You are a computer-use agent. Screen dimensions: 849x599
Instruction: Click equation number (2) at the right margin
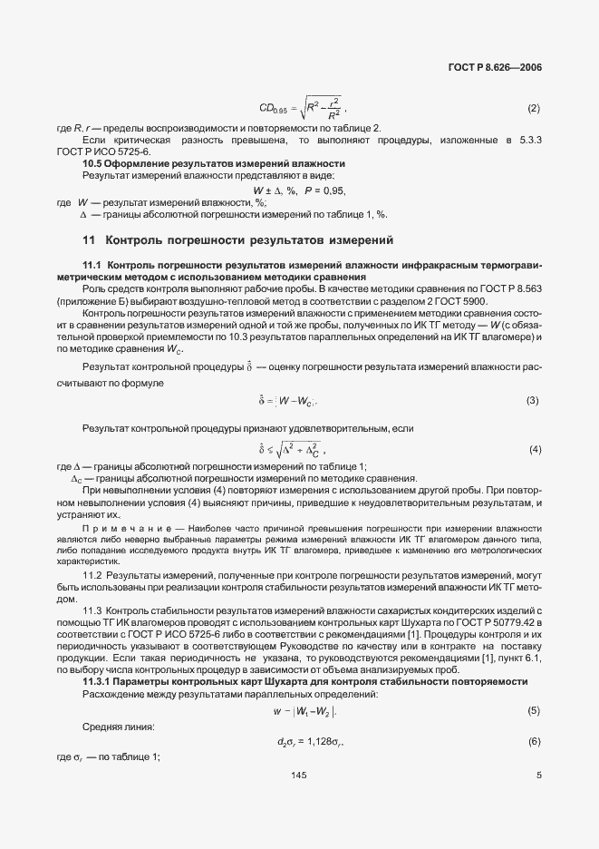click(x=533, y=110)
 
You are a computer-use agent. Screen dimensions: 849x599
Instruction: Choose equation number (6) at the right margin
click(x=533, y=742)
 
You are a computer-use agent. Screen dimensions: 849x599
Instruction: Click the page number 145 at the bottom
click(x=299, y=776)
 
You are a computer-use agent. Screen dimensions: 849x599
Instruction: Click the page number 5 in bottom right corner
click(x=538, y=776)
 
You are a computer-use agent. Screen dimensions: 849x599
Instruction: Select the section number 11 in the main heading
click(x=89, y=240)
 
